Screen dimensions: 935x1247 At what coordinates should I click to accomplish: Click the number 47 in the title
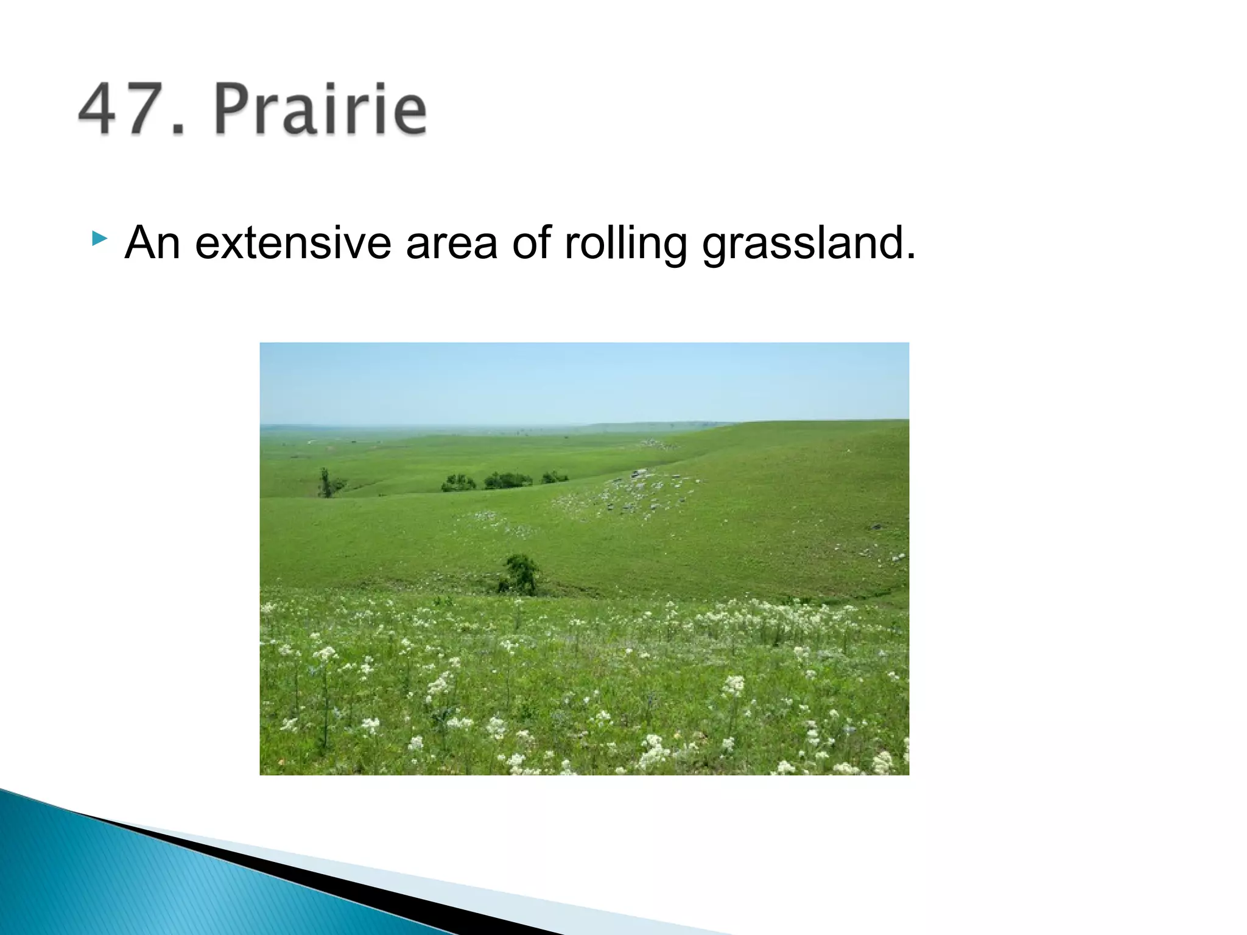coord(122,110)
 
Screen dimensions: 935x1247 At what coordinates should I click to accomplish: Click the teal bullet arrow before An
coord(99,238)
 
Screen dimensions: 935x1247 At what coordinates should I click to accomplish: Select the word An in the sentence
coord(152,243)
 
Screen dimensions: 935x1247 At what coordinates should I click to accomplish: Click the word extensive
coord(292,243)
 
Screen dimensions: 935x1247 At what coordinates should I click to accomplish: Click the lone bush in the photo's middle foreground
coord(520,575)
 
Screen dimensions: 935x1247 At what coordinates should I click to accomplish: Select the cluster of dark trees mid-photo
coord(505,481)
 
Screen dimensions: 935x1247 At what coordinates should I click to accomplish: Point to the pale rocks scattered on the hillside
coord(633,493)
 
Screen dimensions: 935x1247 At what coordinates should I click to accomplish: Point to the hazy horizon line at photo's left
coord(365,425)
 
